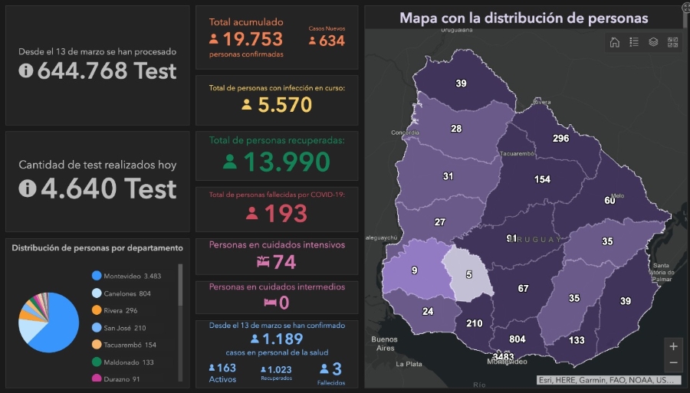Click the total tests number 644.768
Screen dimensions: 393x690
107,71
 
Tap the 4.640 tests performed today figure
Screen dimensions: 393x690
108,188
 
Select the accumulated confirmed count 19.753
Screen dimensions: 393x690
253,39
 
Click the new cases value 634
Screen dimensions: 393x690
331,41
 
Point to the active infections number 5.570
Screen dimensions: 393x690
284,105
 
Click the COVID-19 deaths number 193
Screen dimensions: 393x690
284,214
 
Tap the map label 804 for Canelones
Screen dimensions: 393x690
517,339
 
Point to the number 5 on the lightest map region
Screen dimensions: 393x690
468,274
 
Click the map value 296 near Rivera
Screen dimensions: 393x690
560,139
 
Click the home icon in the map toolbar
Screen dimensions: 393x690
614,42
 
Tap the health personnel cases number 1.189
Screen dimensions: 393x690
282,339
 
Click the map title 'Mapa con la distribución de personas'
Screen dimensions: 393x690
524,18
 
